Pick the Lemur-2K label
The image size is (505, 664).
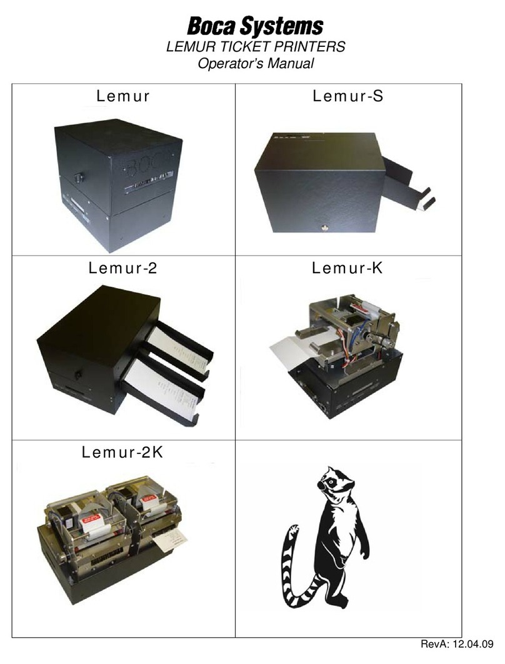tap(122, 452)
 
